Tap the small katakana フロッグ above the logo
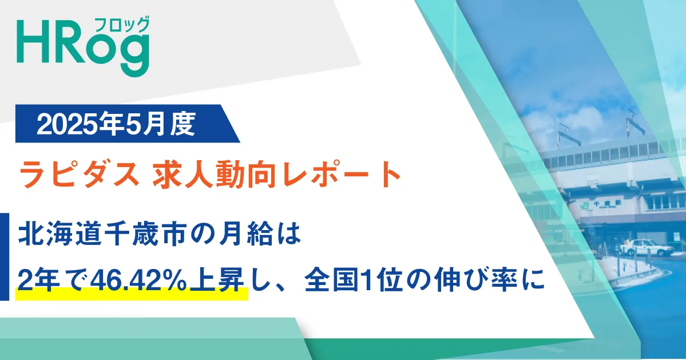tap(122, 25)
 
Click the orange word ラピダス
tap(79, 174)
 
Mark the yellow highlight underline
tap(132, 294)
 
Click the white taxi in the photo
tap(647, 247)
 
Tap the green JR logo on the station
tap(583, 205)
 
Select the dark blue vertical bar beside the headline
tap(5, 257)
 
